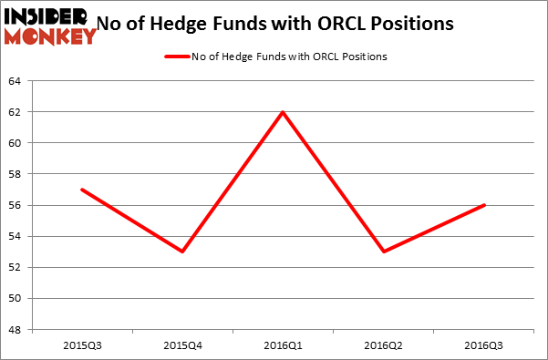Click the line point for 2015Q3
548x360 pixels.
point(82,190)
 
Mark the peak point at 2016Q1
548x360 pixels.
point(284,112)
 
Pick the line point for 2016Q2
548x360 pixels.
point(384,252)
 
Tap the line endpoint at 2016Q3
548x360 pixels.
point(485,205)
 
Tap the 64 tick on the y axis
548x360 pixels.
point(16,81)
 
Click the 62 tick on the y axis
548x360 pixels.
point(16,112)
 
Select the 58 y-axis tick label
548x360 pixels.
point(16,174)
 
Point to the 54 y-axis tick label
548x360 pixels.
point(16,236)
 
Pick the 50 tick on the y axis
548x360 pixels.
point(16,298)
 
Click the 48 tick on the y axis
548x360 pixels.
point(16,329)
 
